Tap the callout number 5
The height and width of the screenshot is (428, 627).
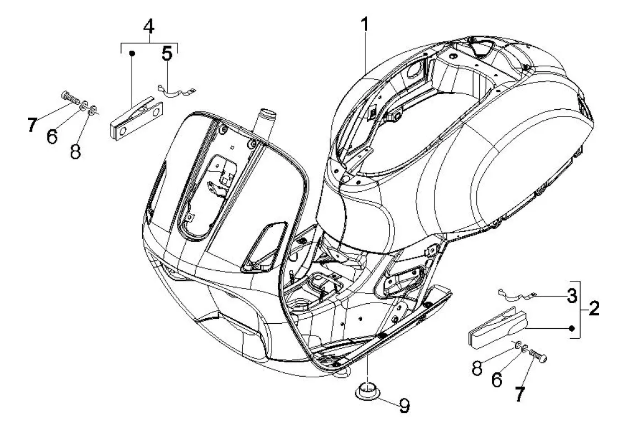(167, 55)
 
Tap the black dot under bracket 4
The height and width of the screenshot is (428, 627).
(133, 54)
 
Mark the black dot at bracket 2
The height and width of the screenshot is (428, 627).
(572, 329)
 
